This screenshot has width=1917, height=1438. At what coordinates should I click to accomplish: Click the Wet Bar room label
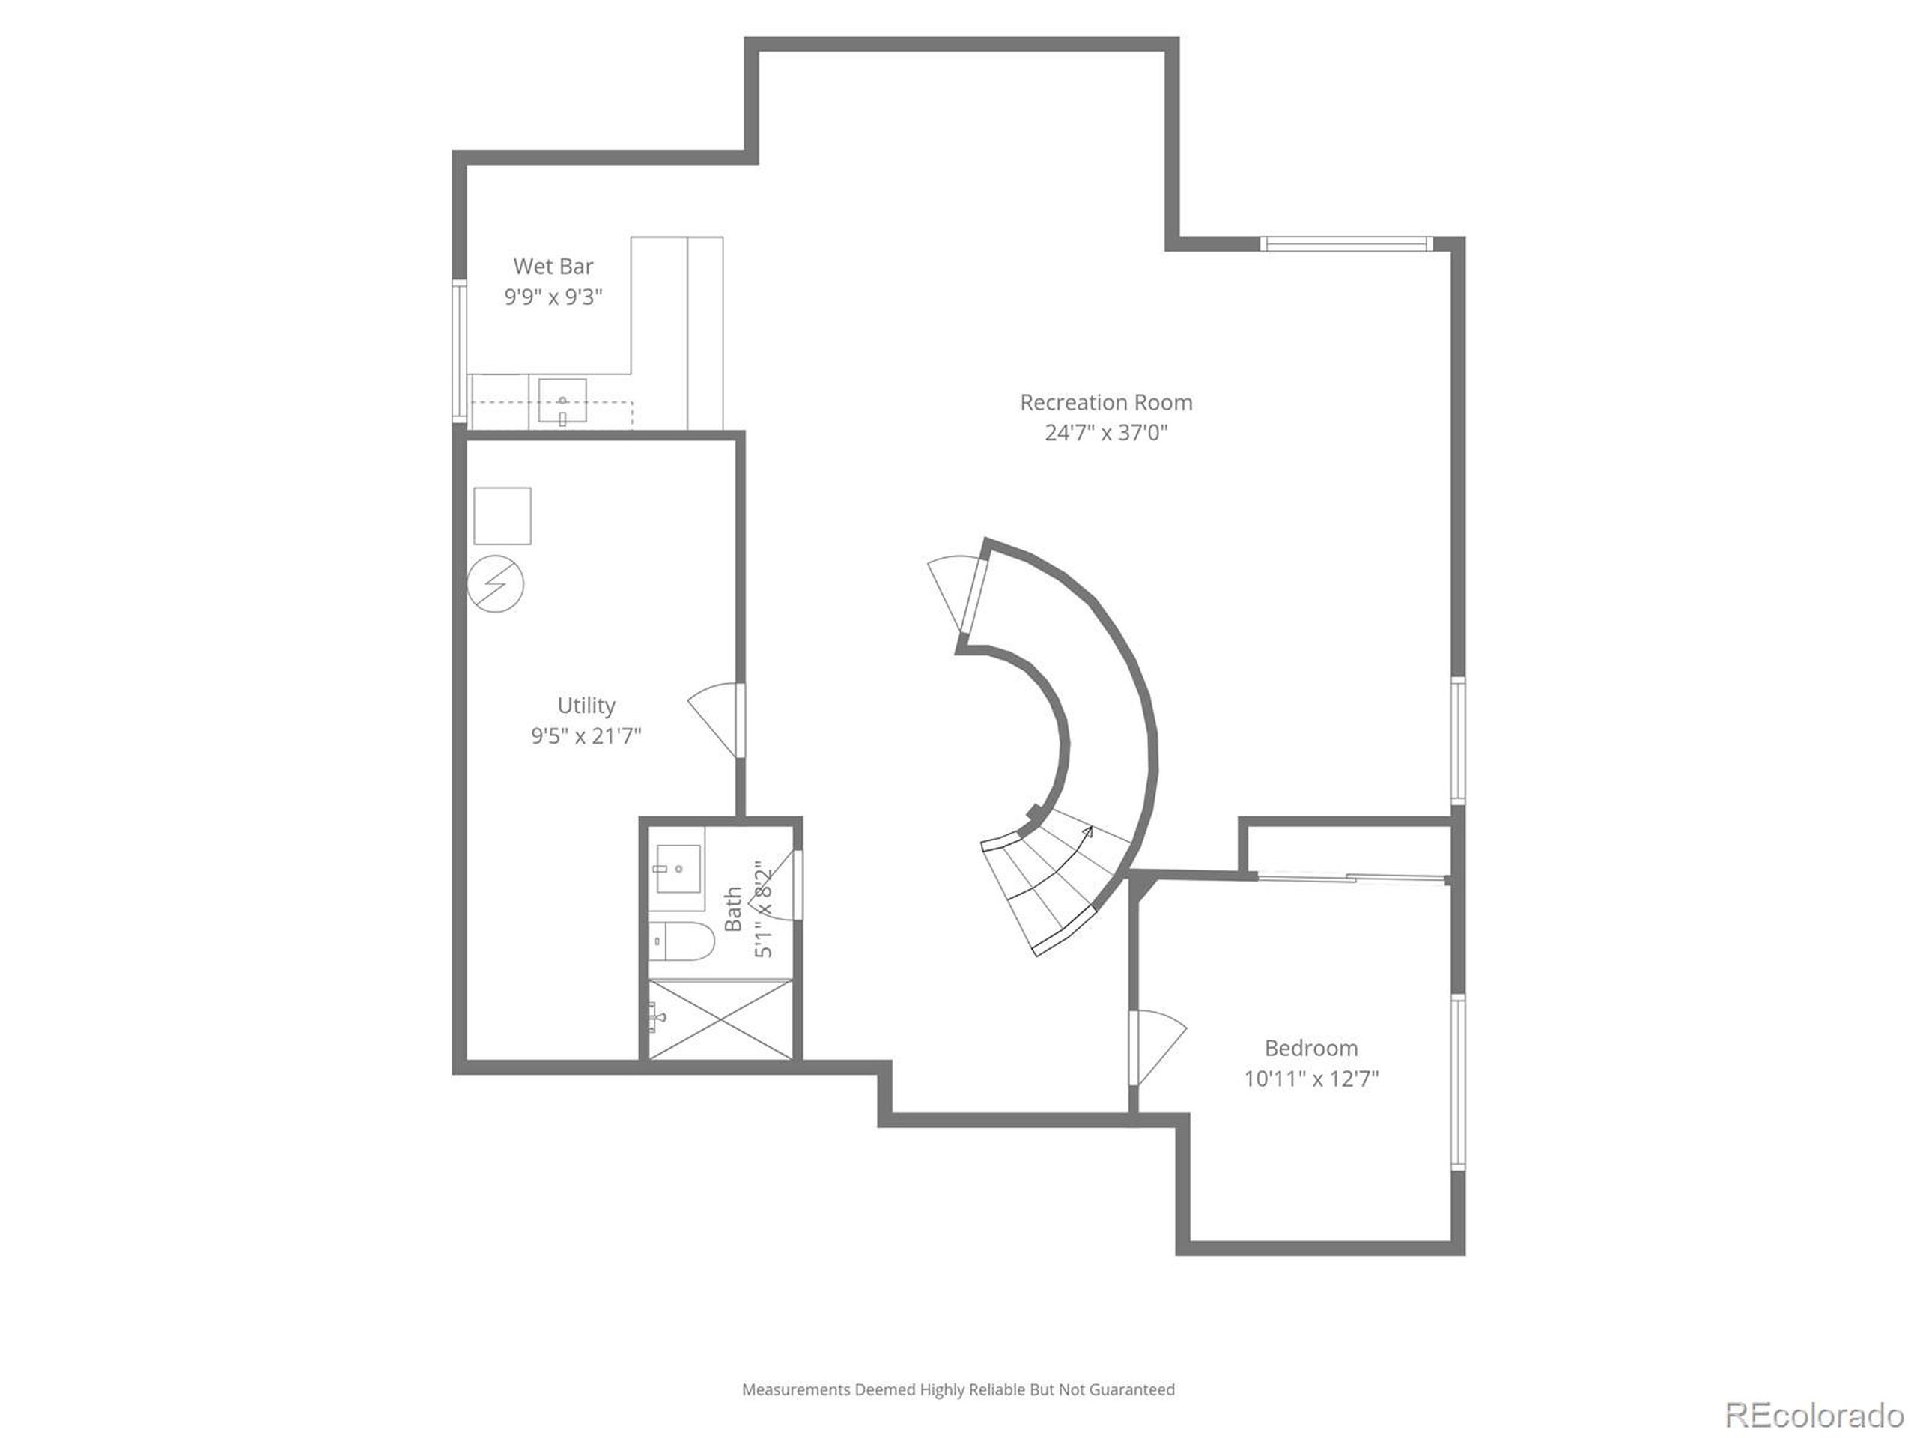click(x=553, y=266)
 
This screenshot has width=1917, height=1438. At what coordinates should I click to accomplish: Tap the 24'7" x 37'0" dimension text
click(x=1106, y=433)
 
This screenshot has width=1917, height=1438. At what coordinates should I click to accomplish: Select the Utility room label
click(x=586, y=705)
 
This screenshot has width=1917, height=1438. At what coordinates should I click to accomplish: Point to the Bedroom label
click(x=1310, y=1048)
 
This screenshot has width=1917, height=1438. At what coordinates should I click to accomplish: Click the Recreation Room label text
click(x=1106, y=402)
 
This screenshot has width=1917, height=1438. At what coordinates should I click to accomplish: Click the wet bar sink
click(x=562, y=401)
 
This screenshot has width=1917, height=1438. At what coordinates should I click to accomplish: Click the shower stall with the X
click(x=720, y=1019)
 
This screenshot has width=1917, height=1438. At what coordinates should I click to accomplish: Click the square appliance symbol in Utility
click(x=502, y=516)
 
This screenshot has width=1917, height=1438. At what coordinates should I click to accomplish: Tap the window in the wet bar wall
click(x=459, y=351)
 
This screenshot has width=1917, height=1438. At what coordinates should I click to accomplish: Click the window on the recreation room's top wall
click(x=1345, y=243)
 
